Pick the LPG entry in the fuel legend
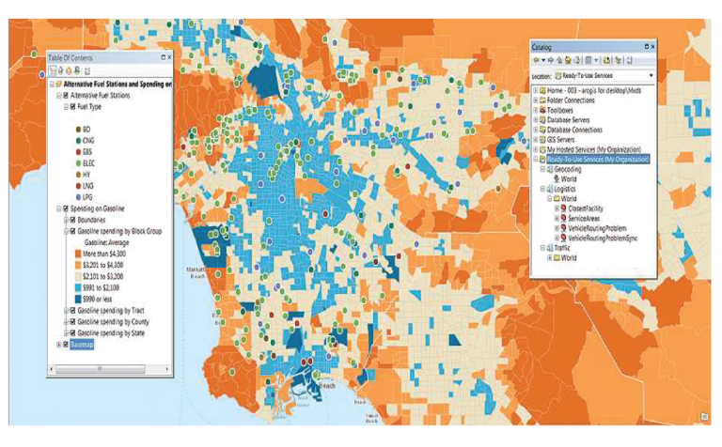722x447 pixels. pyautogui.click(x=87, y=197)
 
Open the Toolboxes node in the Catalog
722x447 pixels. pyautogui.click(x=564, y=109)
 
